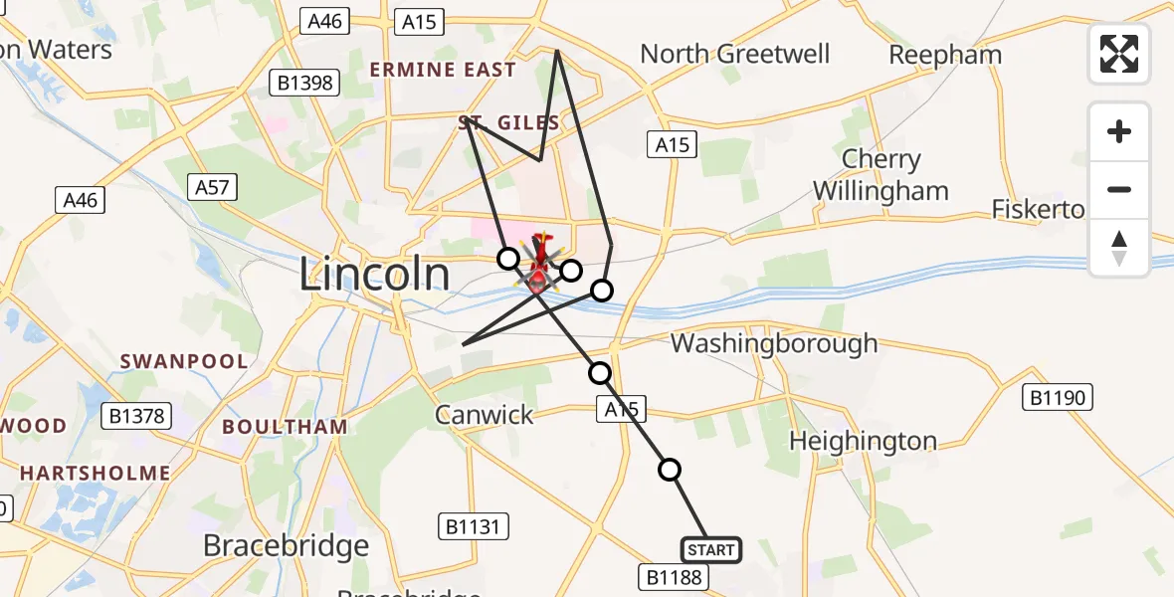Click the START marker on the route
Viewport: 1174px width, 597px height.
click(x=710, y=549)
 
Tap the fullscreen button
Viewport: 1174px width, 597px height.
click(x=1119, y=54)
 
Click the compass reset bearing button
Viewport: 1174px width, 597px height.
click(x=1119, y=249)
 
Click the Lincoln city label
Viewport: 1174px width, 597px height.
click(x=374, y=275)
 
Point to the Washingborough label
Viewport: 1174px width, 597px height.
click(x=774, y=344)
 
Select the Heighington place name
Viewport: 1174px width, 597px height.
click(x=863, y=441)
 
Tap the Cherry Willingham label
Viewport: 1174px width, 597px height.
click(x=881, y=175)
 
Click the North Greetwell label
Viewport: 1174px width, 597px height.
click(x=734, y=54)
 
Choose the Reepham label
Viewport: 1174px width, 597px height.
click(x=944, y=55)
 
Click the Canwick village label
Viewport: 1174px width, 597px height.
click(x=485, y=414)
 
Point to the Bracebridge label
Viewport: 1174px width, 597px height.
click(x=286, y=545)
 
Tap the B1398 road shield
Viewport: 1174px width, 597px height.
click(x=305, y=83)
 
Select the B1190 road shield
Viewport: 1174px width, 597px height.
click(x=1059, y=398)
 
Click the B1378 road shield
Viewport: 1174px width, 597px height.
click(x=138, y=416)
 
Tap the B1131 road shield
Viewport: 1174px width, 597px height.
click(x=474, y=526)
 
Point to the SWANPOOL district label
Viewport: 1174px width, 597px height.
click(x=184, y=361)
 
